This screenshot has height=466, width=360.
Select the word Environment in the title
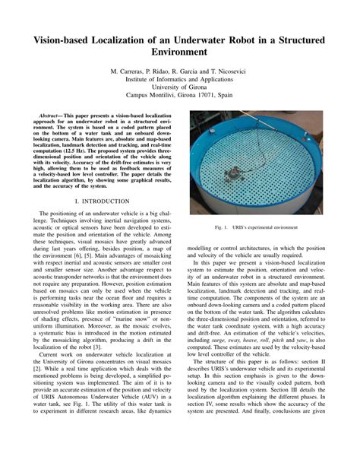coord(180,53)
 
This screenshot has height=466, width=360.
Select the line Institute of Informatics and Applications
coord(180,78)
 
